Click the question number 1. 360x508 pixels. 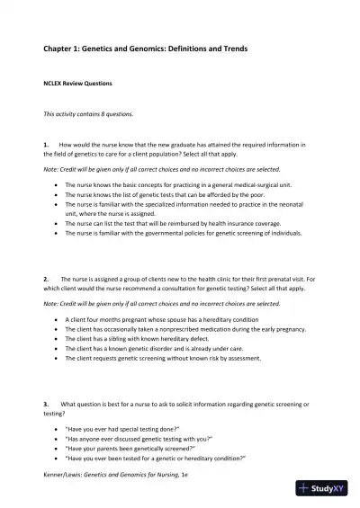click(45, 144)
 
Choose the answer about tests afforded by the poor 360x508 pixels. click(163, 194)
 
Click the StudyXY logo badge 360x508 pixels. click(323, 489)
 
